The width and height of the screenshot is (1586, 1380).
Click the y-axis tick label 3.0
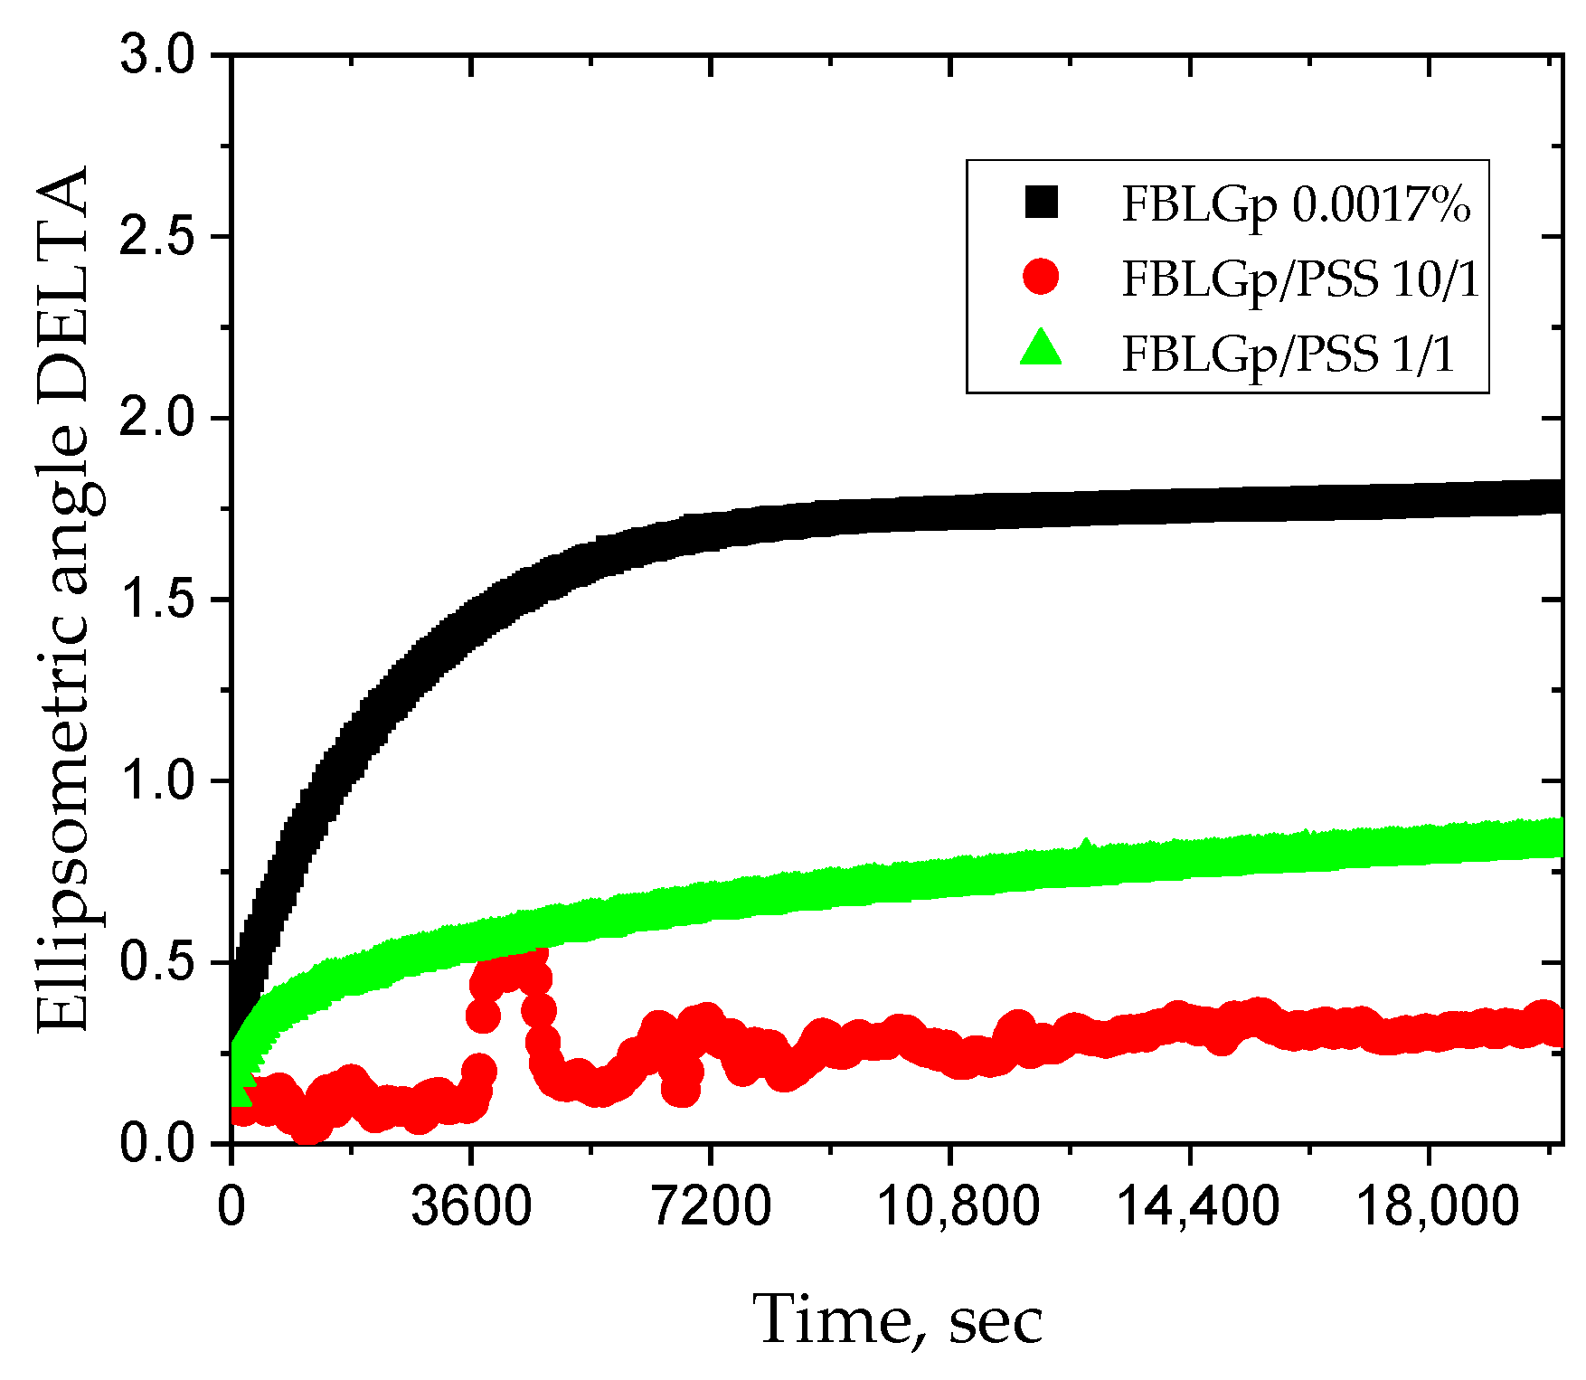click(157, 56)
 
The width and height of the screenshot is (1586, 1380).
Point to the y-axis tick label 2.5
click(157, 238)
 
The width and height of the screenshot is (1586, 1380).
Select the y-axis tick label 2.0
click(157, 420)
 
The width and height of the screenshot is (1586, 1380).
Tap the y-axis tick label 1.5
click(157, 600)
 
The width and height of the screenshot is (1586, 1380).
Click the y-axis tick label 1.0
click(157, 781)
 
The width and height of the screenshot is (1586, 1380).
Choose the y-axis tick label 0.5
click(157, 963)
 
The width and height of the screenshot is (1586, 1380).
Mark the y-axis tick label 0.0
click(157, 1144)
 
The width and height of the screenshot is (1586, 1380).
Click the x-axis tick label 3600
click(471, 1206)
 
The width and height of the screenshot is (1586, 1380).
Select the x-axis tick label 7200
click(711, 1206)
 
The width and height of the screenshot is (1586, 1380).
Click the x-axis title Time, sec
click(898, 1319)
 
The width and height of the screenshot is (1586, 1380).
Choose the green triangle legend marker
click(1041, 349)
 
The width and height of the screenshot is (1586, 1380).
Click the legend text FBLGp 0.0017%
click(1296, 204)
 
